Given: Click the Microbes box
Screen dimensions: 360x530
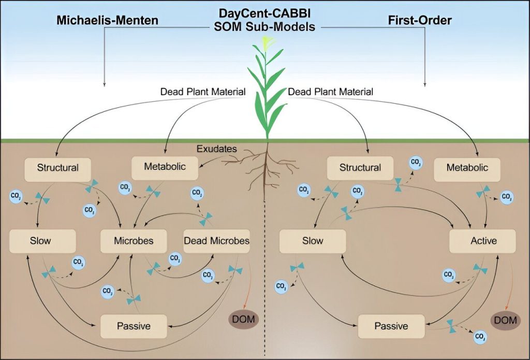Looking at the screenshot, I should pos(134,241).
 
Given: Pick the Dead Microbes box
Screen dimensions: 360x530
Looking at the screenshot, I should pos(216,241).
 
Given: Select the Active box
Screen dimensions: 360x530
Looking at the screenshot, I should pos(483,241).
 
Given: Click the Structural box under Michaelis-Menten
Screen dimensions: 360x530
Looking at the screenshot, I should pos(57,168).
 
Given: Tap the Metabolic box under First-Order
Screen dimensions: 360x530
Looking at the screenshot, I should pos(467,168).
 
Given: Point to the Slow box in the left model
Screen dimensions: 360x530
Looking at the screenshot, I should pos(43,241).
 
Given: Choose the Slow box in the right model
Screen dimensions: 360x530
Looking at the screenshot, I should pos(312,241).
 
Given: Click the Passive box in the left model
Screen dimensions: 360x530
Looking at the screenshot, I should pos(134,326).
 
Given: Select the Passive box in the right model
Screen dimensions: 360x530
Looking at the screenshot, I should pos(391,326).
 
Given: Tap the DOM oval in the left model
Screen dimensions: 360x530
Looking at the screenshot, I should pos(243,319).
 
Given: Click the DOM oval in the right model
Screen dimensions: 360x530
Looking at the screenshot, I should pos(505,320).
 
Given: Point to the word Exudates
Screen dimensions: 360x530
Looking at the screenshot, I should pos(216,149).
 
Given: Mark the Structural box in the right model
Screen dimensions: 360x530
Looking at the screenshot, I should pos(360,168).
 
